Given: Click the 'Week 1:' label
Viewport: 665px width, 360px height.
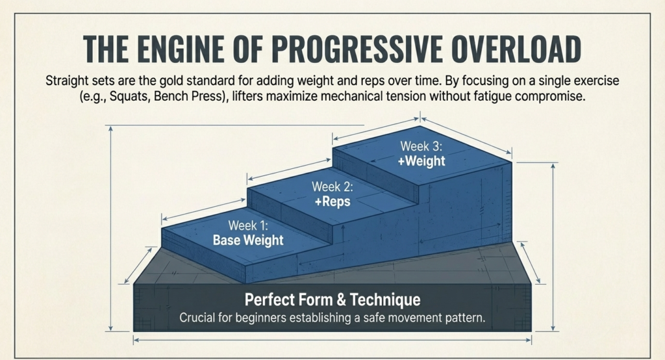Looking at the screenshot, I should [x=248, y=225].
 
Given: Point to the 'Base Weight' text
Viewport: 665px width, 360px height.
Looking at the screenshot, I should [x=248, y=240].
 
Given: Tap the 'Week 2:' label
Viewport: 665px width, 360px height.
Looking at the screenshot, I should [x=332, y=187].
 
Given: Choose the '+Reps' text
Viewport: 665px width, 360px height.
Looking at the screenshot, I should [x=332, y=201].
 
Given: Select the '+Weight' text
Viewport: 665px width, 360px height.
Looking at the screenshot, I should [x=421, y=161].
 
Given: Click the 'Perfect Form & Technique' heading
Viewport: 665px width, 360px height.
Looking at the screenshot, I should [x=332, y=300].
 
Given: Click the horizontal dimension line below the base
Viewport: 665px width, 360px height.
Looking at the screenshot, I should [x=332, y=339].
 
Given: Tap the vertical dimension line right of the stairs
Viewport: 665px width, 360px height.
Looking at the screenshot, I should [x=553, y=247].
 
